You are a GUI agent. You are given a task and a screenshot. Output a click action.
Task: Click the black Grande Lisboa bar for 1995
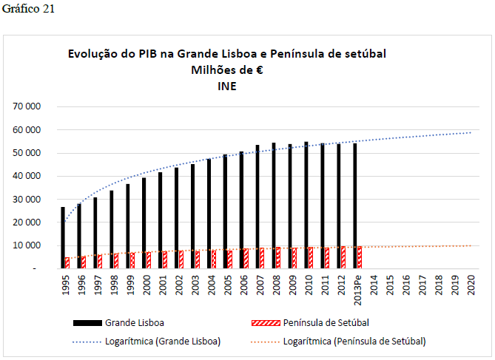(x=63, y=238)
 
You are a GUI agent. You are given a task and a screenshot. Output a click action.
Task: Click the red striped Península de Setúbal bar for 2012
(x=343, y=257)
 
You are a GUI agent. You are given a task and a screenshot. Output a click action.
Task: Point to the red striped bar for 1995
(x=67, y=262)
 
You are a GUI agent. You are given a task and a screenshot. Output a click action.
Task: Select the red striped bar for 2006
(x=246, y=259)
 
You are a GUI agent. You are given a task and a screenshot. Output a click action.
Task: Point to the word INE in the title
(x=227, y=86)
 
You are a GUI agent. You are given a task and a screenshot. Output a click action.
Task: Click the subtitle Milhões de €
(x=227, y=70)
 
